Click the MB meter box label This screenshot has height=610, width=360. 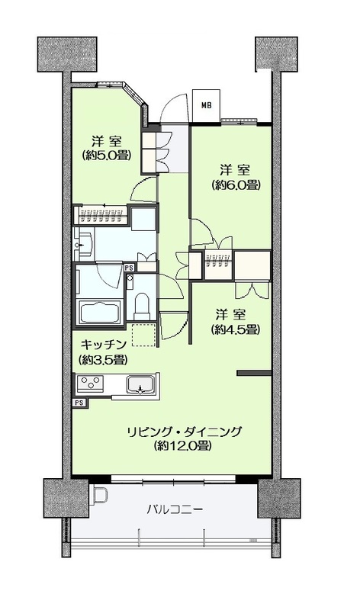tap(207, 105)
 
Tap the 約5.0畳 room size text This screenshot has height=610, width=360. tap(106, 156)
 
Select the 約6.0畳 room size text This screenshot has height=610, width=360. tap(236, 185)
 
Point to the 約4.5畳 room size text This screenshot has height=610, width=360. tap(236, 330)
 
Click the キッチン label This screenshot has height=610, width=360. tap(104, 345)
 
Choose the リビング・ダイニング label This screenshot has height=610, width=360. tap(184, 432)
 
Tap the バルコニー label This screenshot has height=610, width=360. tap(175, 509)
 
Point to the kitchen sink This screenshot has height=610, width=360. tap(141, 385)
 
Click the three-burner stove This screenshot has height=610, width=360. tap(90, 384)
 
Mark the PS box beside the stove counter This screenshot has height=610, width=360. tap(79, 403)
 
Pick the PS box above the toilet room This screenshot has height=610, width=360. tap(129, 268)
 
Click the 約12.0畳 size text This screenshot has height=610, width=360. tap(182, 446)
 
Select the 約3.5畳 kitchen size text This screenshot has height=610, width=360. tap(103, 360)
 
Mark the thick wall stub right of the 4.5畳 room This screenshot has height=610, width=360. tap(254, 374)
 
